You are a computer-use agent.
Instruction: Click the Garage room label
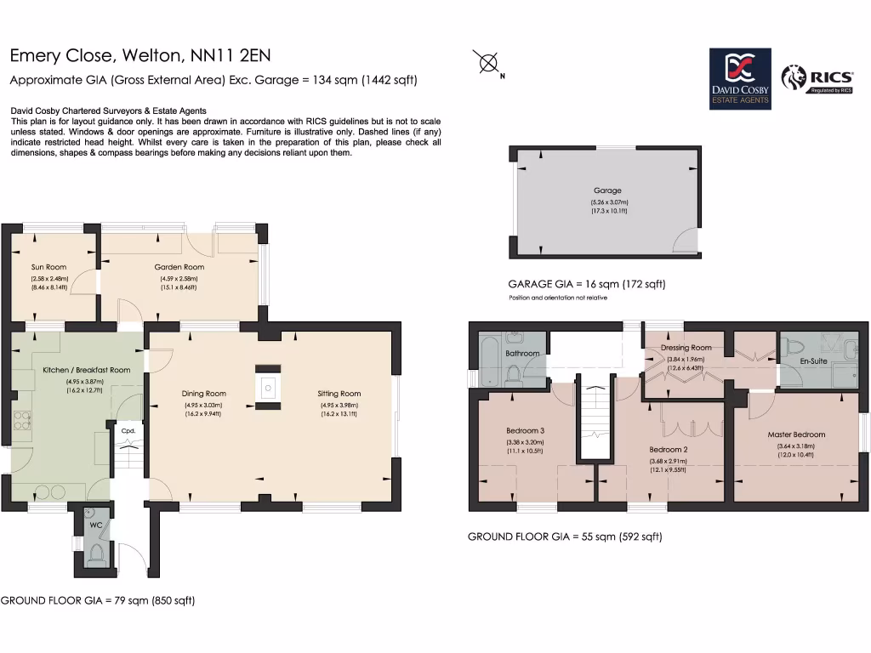pos(607,190)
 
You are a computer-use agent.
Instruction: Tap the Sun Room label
pos(49,267)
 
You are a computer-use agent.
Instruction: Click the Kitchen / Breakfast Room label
pos(86,370)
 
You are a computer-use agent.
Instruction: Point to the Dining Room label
pos(203,394)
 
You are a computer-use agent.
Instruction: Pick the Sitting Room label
pos(339,394)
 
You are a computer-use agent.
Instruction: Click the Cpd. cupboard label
pos(128,431)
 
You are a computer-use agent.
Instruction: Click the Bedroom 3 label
pos(525,430)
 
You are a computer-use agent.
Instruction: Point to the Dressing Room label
pos(686,348)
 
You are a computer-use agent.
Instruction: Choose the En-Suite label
pos(814,361)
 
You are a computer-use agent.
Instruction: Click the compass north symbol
pos(488,63)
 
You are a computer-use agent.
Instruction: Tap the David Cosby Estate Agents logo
pos(740,78)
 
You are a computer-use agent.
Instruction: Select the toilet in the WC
pos(95,554)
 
